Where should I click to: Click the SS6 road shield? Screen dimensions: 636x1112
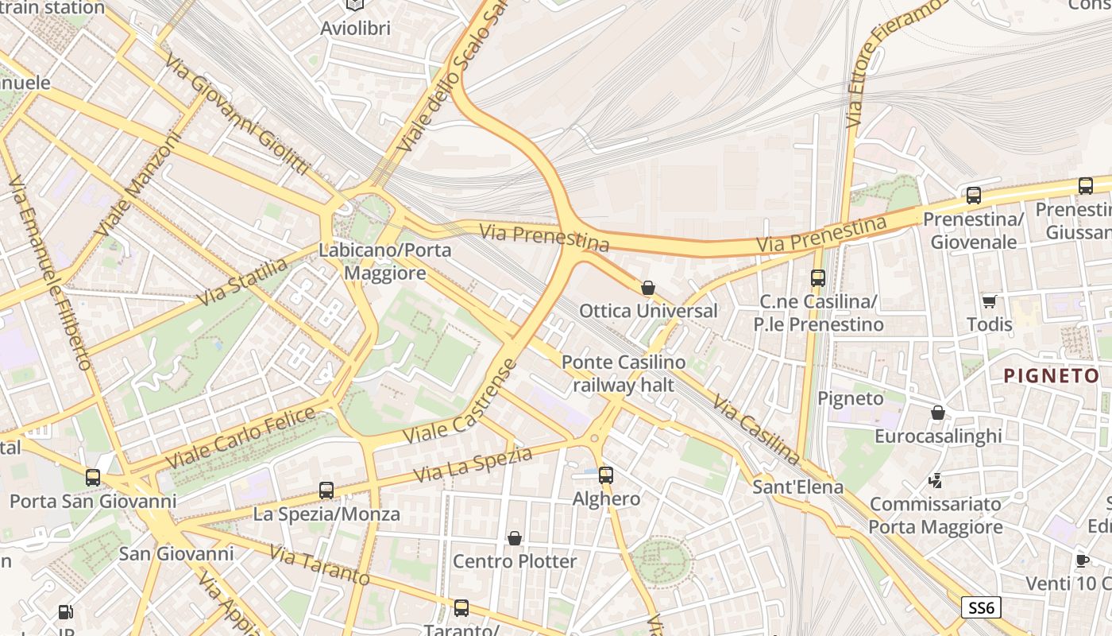[x=981, y=608]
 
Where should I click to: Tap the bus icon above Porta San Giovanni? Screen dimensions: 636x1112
[x=93, y=478]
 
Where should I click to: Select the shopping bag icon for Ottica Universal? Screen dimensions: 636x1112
[x=648, y=288]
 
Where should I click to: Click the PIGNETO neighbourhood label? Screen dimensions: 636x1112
[x=1051, y=376]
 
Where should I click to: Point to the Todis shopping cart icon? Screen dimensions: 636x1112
[x=990, y=301]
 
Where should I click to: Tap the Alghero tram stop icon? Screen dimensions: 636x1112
[x=606, y=475]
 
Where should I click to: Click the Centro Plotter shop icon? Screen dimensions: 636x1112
[x=515, y=538]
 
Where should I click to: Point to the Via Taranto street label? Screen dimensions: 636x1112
[x=319, y=564]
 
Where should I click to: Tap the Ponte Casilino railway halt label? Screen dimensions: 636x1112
[x=624, y=374]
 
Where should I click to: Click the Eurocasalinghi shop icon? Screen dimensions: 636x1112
[x=938, y=413]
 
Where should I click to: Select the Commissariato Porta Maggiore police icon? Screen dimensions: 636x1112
[x=936, y=480]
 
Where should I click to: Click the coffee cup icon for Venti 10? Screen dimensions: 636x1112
[x=1082, y=560]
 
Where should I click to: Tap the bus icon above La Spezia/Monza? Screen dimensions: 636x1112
[x=326, y=491]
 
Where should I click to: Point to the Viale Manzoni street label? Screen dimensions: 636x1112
[x=138, y=184]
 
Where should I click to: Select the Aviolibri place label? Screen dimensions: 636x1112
[x=355, y=29]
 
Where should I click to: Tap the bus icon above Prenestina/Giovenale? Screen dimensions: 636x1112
[x=974, y=196]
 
